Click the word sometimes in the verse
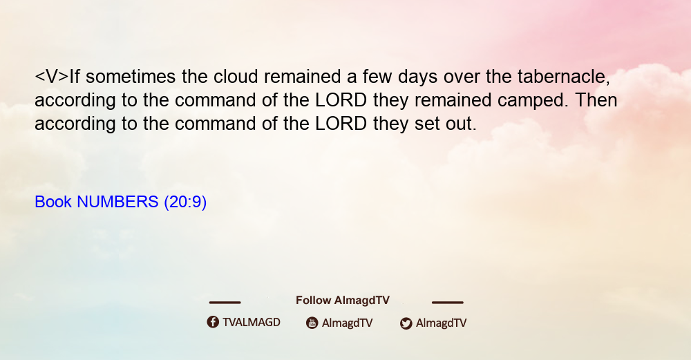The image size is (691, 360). coord(131,77)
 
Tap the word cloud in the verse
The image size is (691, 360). coord(236,77)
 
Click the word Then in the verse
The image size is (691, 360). coord(596,100)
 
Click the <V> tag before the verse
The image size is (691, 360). coord(52,77)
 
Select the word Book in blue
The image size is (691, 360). coord(53,202)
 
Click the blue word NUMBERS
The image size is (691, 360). coord(117,202)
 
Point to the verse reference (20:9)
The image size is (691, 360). coord(185,202)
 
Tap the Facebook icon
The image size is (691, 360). coord(213,322)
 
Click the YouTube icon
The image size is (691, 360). coord(312,323)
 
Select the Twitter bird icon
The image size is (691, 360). coord(406,323)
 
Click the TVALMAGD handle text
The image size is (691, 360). coord(252,323)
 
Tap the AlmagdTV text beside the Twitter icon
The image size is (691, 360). coord(441,323)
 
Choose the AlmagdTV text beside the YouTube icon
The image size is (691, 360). coord(348,323)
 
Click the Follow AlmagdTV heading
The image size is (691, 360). coord(343,301)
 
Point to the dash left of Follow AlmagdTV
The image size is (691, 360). coord(225,303)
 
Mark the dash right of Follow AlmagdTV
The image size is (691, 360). coord(448,303)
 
